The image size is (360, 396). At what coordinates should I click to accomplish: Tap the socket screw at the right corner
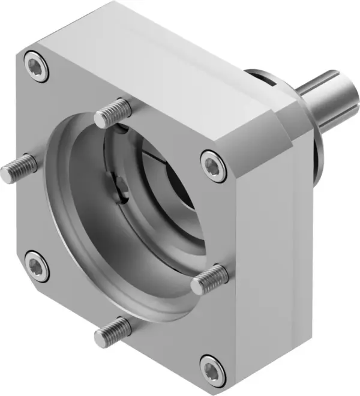point(214,166)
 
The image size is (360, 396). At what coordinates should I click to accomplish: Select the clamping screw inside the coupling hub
point(123,191)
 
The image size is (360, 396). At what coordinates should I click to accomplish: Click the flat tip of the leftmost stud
point(7,173)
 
